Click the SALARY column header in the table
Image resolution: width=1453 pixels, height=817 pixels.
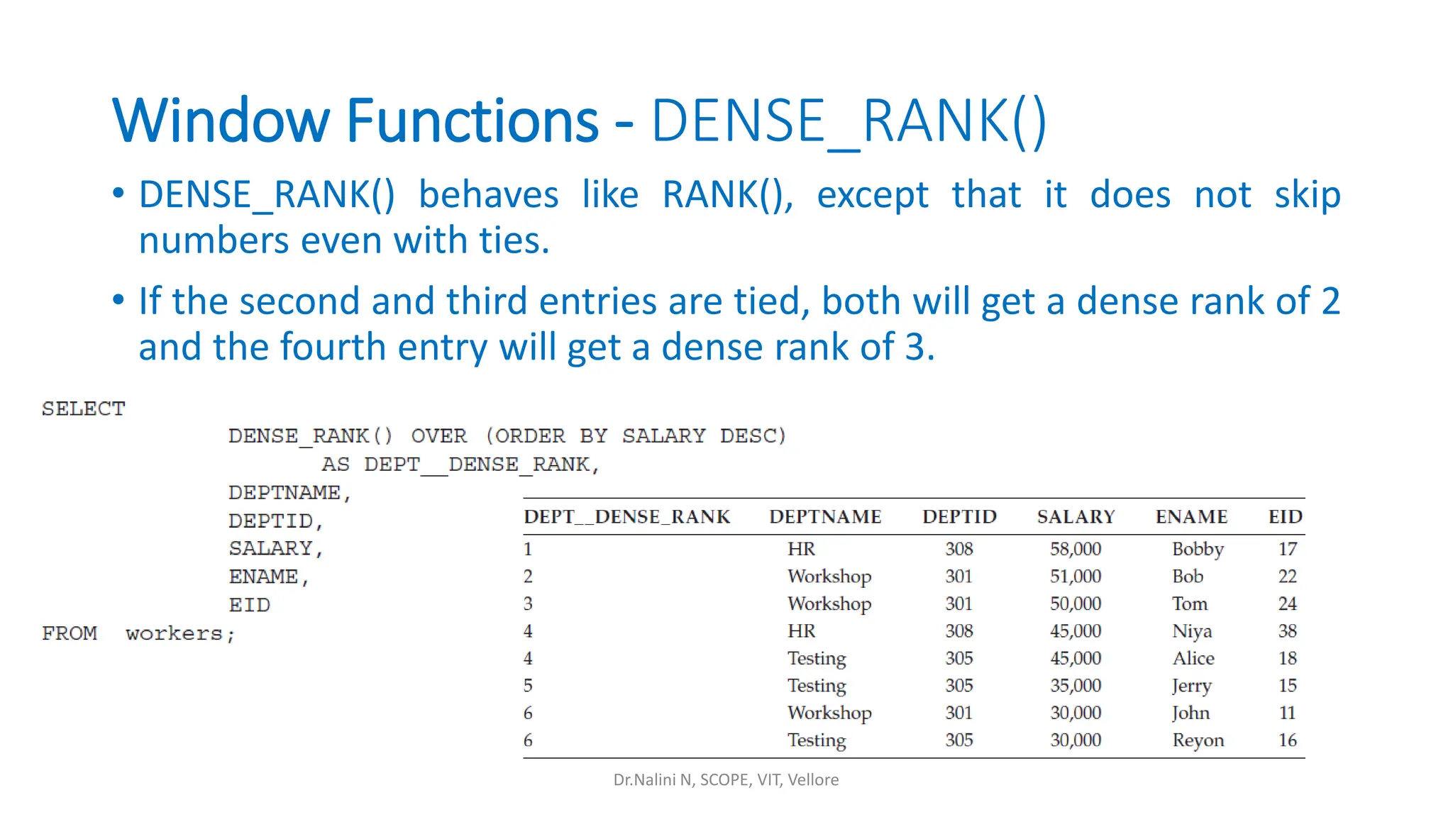click(x=1076, y=516)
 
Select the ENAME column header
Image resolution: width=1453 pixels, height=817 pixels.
click(x=1191, y=516)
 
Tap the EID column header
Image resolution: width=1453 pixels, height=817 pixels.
click(x=1285, y=516)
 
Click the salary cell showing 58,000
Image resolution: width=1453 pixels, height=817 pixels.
click(x=1076, y=549)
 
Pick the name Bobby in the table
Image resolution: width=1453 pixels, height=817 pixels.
click(x=1198, y=550)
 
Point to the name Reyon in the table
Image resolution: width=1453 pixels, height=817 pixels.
click(x=1198, y=740)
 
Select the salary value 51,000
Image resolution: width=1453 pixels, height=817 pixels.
click(x=1076, y=577)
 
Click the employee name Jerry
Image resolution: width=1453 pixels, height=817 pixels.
click(x=1191, y=686)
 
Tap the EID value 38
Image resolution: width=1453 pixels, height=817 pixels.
click(x=1287, y=631)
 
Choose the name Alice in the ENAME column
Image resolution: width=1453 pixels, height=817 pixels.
click(x=1193, y=658)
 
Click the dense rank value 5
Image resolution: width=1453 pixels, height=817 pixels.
click(x=528, y=686)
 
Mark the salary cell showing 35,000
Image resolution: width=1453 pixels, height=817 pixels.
click(x=1076, y=686)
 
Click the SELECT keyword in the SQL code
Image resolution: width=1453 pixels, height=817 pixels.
click(x=84, y=408)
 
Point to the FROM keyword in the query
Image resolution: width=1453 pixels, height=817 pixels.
click(x=70, y=633)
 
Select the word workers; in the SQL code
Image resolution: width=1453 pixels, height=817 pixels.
click(x=180, y=633)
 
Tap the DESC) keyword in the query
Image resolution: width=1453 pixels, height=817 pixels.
click(x=753, y=435)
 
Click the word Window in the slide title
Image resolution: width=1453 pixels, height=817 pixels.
click(x=221, y=121)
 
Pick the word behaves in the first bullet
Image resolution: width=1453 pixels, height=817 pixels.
click(x=488, y=195)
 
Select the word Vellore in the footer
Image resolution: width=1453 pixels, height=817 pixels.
click(x=813, y=779)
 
